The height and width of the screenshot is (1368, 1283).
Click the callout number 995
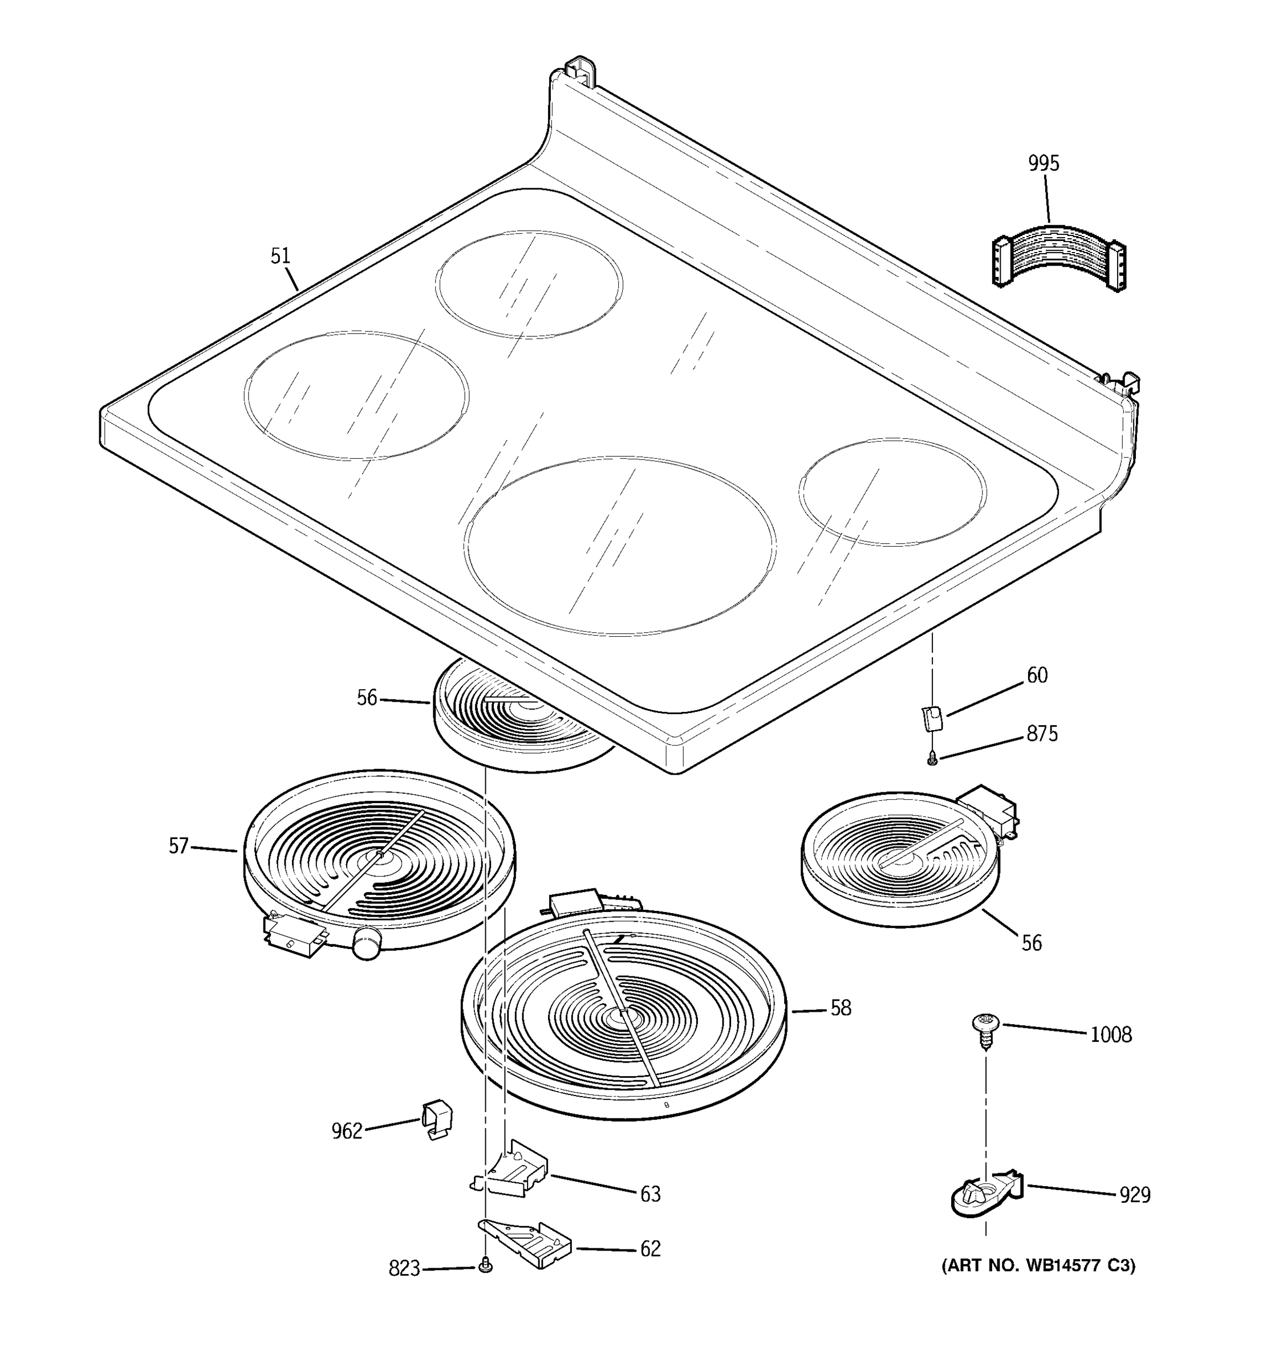click(x=1044, y=163)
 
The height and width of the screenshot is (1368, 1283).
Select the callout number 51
click(x=279, y=256)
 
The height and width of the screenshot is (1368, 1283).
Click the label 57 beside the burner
click(x=178, y=846)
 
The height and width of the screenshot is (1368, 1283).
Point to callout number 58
click(x=841, y=1008)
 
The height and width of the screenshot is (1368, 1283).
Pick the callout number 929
click(x=1134, y=1195)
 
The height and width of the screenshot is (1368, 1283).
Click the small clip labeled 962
click(x=436, y=1118)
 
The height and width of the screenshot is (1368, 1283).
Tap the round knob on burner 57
click(x=366, y=942)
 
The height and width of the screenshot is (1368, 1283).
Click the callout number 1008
click(x=1110, y=1034)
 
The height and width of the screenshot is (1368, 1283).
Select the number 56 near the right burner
click(x=1031, y=942)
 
